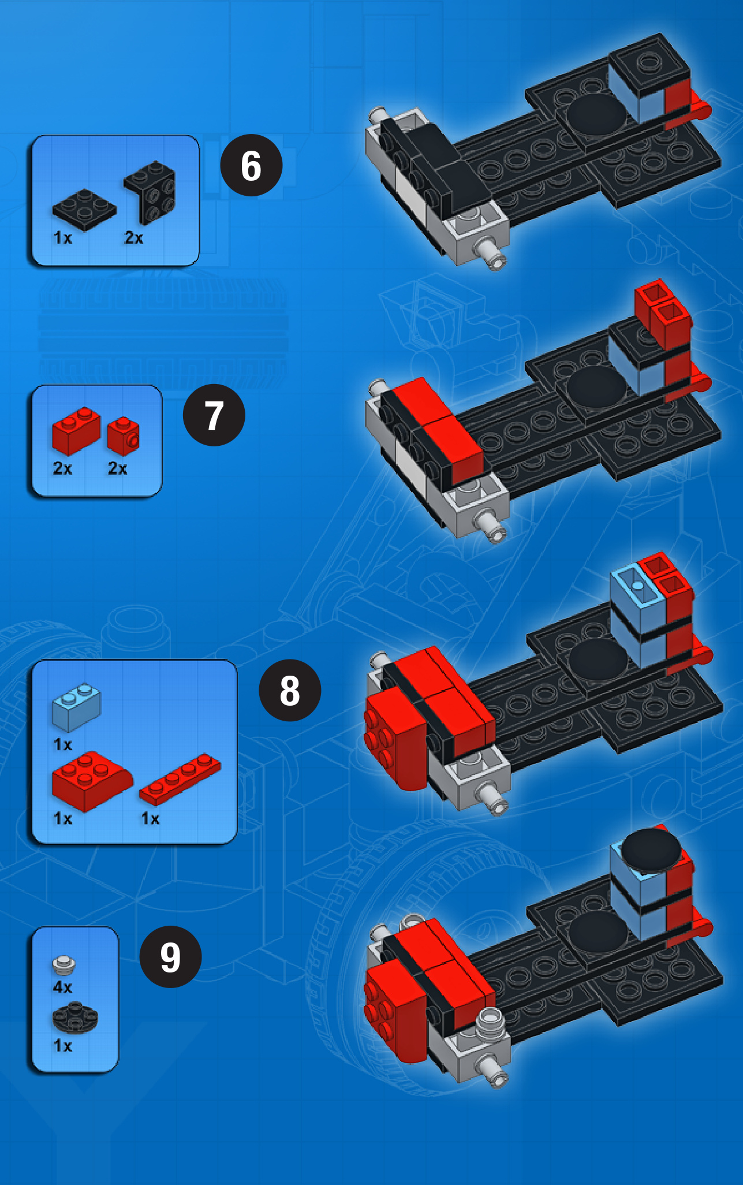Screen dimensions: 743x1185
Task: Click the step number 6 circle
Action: click(x=251, y=165)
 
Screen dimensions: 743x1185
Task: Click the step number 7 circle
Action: click(x=214, y=415)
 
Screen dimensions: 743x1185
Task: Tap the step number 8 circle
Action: click(x=290, y=690)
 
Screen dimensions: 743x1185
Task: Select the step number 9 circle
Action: click(x=170, y=956)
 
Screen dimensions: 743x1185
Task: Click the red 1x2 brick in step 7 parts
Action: click(x=76, y=431)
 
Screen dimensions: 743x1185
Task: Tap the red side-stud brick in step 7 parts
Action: click(x=123, y=436)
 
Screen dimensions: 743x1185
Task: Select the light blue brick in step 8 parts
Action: click(x=76, y=706)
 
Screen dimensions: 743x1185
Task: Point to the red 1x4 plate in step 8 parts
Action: click(x=180, y=779)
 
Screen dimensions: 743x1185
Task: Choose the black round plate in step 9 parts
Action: click(x=75, y=1017)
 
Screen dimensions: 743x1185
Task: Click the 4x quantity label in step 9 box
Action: click(x=63, y=987)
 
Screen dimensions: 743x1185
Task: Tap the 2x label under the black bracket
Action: click(x=134, y=237)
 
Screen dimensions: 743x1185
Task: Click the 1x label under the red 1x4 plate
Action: click(x=151, y=818)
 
